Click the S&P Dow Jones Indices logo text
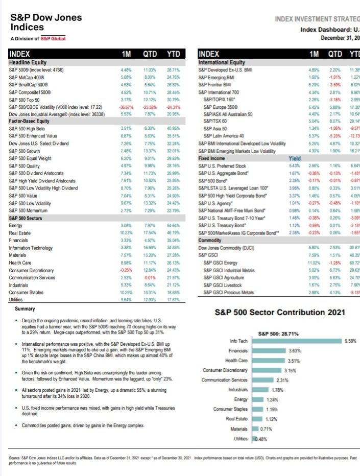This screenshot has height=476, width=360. [x=46, y=22]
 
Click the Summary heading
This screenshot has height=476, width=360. [x=25, y=309]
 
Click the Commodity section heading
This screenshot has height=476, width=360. [x=213, y=240]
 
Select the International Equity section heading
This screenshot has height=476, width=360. [x=222, y=63]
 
